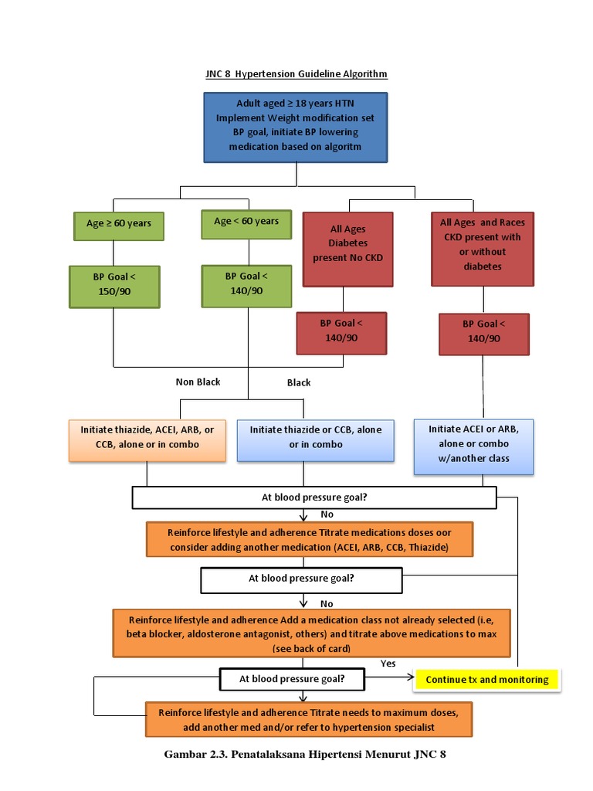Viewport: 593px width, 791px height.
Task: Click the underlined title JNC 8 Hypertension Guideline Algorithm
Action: (x=296, y=74)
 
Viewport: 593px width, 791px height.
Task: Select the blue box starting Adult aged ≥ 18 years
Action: (x=296, y=127)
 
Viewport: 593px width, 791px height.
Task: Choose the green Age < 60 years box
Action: (x=246, y=221)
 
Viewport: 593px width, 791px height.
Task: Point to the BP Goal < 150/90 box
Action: (x=114, y=286)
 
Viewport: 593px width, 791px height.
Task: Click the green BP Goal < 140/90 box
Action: (x=246, y=283)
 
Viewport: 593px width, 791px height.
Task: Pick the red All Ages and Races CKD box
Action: (x=483, y=244)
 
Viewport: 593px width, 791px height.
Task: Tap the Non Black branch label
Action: (x=198, y=382)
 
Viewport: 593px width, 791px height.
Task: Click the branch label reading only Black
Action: (x=299, y=382)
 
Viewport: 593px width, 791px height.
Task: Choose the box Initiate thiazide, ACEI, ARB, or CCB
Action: (x=147, y=437)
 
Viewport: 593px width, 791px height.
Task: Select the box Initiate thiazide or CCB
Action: (x=315, y=437)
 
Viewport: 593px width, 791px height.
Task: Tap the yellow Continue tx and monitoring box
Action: (x=486, y=680)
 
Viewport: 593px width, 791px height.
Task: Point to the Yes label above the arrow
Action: (x=388, y=664)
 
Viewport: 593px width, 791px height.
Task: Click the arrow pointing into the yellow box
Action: (x=390, y=679)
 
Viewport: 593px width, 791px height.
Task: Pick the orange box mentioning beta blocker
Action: (x=311, y=633)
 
